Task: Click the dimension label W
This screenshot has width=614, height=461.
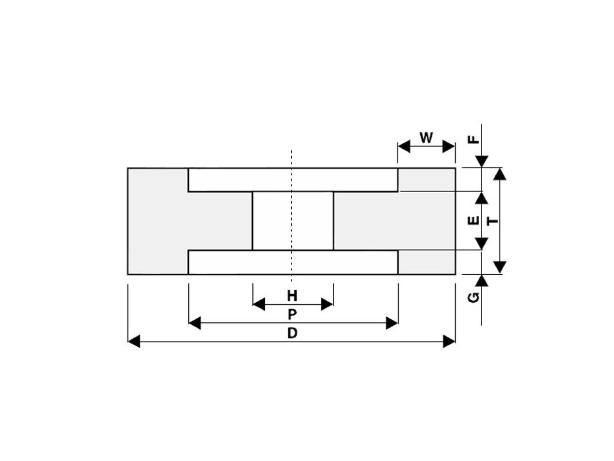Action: pos(426,137)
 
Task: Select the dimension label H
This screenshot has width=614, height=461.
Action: pos(292,295)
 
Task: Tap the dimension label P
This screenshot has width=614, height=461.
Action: pos(292,314)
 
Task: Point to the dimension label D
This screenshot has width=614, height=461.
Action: pos(292,333)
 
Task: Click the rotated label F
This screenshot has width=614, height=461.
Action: pos(474,140)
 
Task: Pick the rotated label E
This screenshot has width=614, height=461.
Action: pos(473,221)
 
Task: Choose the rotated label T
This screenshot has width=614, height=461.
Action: pos(493,221)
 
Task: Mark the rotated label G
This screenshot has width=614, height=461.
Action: pos(474,297)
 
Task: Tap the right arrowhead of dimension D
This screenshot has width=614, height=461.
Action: pos(449,342)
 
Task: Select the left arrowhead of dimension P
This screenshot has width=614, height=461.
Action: pos(194,323)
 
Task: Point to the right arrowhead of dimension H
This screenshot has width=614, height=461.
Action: pos(327,304)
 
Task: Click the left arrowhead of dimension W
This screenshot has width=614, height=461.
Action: pos(404,146)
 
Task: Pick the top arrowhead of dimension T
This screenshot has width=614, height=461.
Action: pos(501,174)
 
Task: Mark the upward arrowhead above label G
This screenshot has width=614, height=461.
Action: pos(481,280)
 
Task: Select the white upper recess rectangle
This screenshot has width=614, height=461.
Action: pos(293,179)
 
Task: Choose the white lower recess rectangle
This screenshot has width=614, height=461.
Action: pos(293,262)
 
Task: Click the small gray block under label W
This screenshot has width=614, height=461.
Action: pos(426,179)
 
